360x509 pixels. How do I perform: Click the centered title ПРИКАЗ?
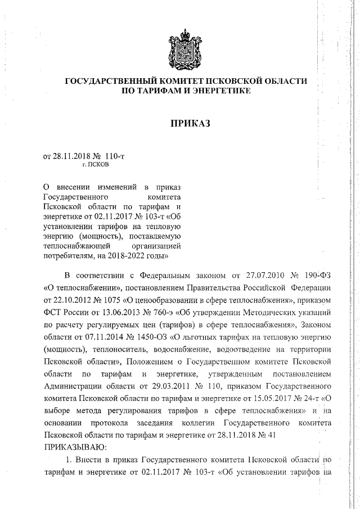187,124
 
